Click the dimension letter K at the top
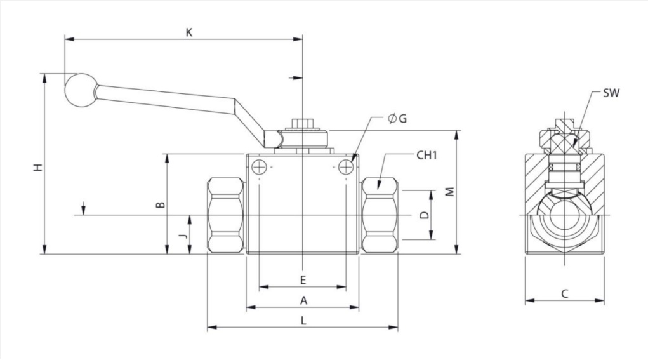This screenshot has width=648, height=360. pyautogui.click(x=189, y=32)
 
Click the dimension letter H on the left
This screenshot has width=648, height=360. pyautogui.click(x=39, y=168)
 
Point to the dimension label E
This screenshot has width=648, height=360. pyautogui.click(x=303, y=280)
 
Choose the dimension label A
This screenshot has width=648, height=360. pyautogui.click(x=304, y=300)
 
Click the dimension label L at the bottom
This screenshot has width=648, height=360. pyautogui.click(x=304, y=321)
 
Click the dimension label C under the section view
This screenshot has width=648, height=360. pyautogui.click(x=565, y=294)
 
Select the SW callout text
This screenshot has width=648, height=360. pyautogui.click(x=611, y=93)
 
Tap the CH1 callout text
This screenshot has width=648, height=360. pyautogui.click(x=426, y=156)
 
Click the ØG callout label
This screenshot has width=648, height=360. pyautogui.click(x=397, y=119)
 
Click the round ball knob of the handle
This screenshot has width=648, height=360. pyautogui.click(x=80, y=91)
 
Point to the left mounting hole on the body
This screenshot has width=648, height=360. pyautogui.click(x=259, y=167)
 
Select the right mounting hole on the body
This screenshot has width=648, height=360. pyautogui.click(x=345, y=167)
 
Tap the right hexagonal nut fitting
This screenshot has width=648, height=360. pyautogui.click(x=380, y=215)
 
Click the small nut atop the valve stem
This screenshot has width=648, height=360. pyautogui.click(x=303, y=124)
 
